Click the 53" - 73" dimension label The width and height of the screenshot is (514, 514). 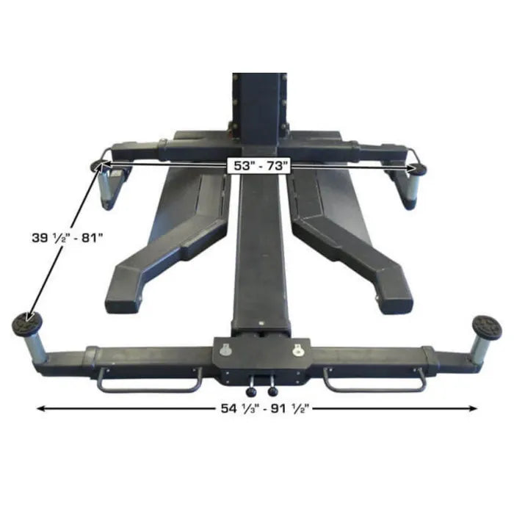coord(258,166)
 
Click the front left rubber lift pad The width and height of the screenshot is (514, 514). coord(27,323)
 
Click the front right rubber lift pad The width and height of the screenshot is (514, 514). coord(487,325)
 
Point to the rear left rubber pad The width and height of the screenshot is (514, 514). coord(97,167)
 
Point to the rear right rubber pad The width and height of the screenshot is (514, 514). coord(419,169)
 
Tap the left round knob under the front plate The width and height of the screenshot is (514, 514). coord(251,391)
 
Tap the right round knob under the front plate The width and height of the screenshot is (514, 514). coord(272,391)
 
